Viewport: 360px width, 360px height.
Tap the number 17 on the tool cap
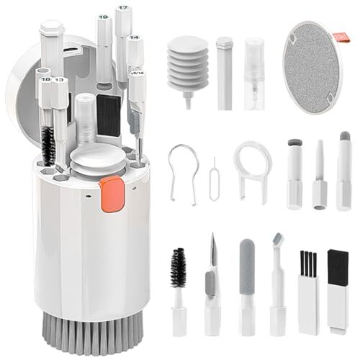[x=123, y=8]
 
